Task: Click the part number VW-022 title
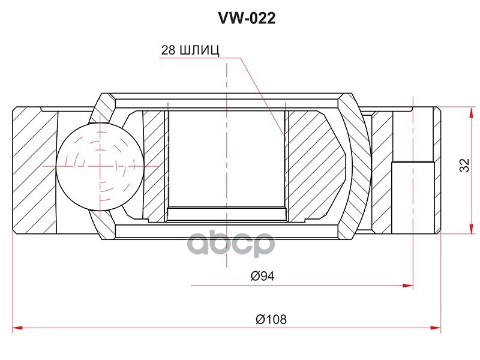(247, 19)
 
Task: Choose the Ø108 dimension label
(271, 319)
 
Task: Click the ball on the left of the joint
(101, 166)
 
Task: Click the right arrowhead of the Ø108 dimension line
(437, 328)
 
